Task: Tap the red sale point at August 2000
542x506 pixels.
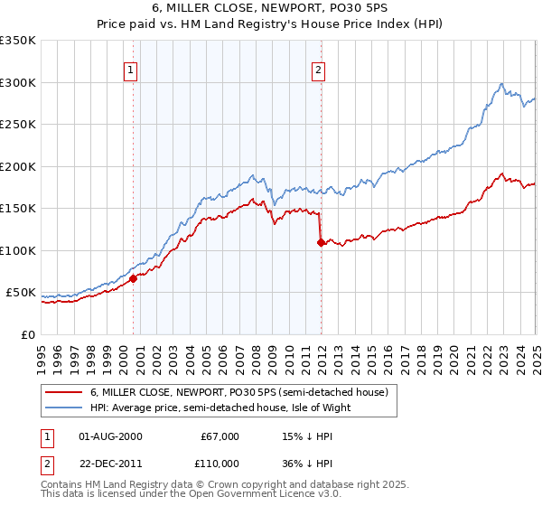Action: click(133, 278)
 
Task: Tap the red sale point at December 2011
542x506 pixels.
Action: click(321, 242)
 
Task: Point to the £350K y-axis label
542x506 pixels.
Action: click(18, 41)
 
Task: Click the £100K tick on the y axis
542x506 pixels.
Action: click(18, 250)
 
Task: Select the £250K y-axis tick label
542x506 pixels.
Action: click(18, 125)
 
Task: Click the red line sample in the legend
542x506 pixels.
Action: click(63, 392)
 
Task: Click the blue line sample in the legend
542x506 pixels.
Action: click(63, 407)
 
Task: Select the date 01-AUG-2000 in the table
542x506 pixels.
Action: click(110, 436)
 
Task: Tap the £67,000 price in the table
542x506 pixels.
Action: click(219, 436)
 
